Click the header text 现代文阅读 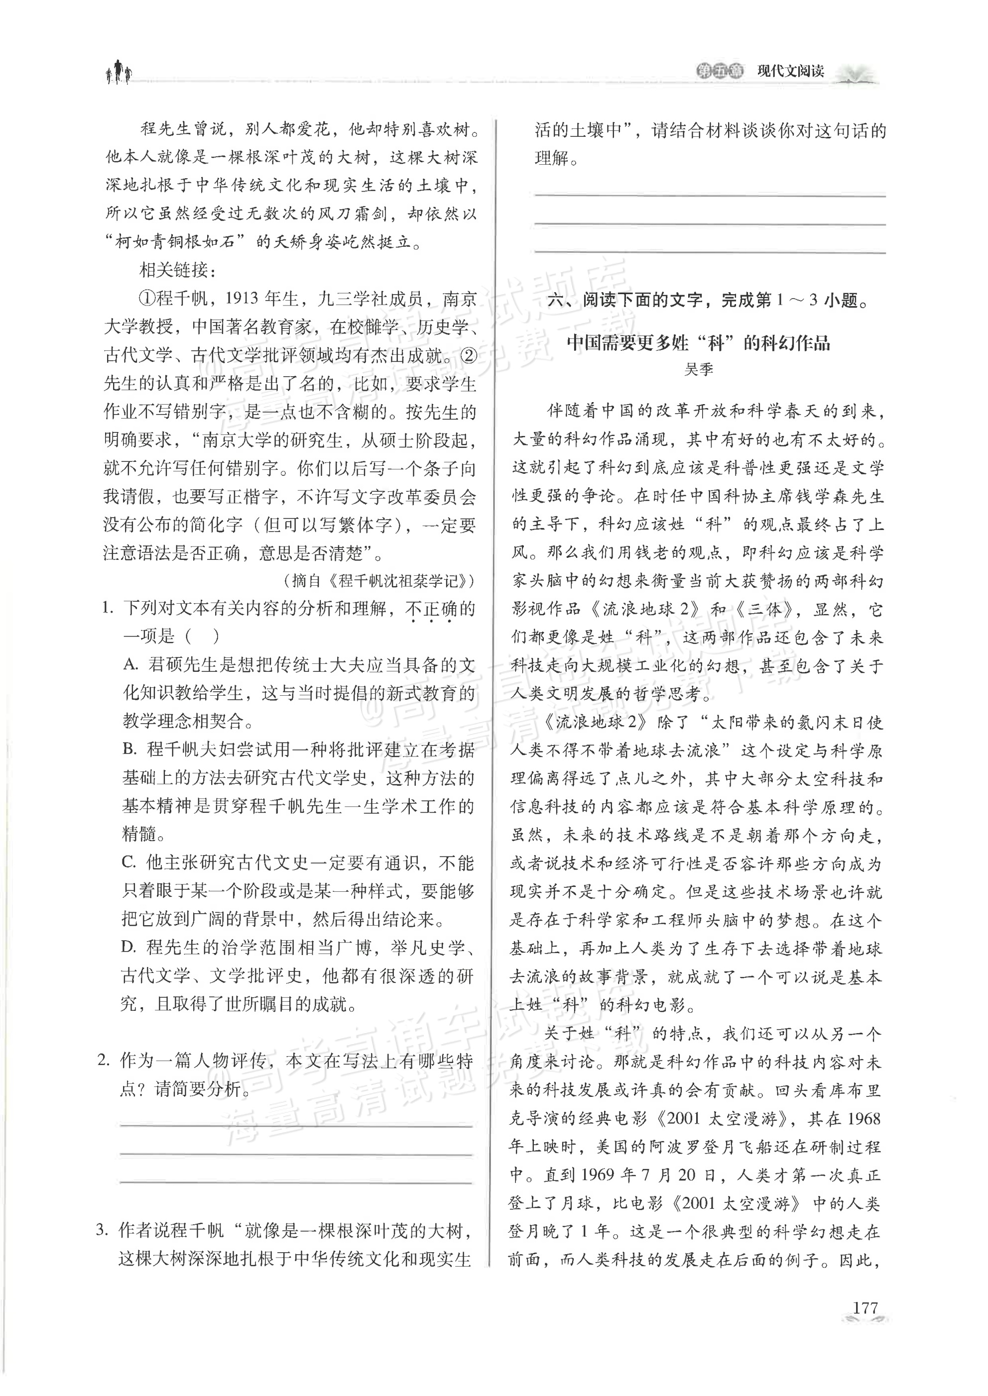tap(790, 71)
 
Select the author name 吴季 tap(698, 369)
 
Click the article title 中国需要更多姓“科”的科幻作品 tap(698, 343)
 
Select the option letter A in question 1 tap(130, 664)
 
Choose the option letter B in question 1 tap(129, 750)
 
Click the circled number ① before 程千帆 tap(148, 299)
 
